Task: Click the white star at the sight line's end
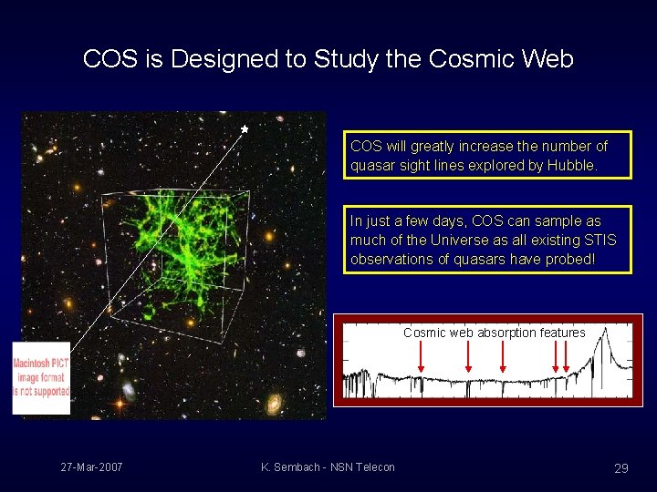[245, 130]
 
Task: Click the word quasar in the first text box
[372, 166]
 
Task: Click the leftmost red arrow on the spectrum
[422, 358]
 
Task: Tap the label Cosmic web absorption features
[494, 333]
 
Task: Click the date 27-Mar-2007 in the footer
[92, 467]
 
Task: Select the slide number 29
[620, 468]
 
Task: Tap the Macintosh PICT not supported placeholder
[41, 378]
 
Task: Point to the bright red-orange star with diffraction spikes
[119, 402]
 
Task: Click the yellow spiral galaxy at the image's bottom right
[274, 404]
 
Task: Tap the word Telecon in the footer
[374, 467]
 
